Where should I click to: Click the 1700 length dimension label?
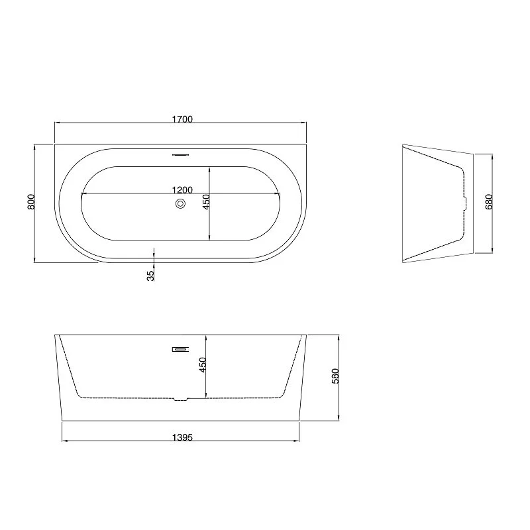(182, 119)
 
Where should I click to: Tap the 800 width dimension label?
(31, 202)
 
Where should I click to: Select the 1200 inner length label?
(182, 190)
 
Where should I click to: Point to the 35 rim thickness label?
(151, 276)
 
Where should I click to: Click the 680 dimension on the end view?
(489, 202)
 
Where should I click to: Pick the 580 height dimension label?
(335, 376)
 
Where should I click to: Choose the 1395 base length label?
(182, 437)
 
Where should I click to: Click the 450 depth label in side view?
(203, 365)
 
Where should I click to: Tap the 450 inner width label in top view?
(206, 201)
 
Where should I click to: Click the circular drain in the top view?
(180, 203)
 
